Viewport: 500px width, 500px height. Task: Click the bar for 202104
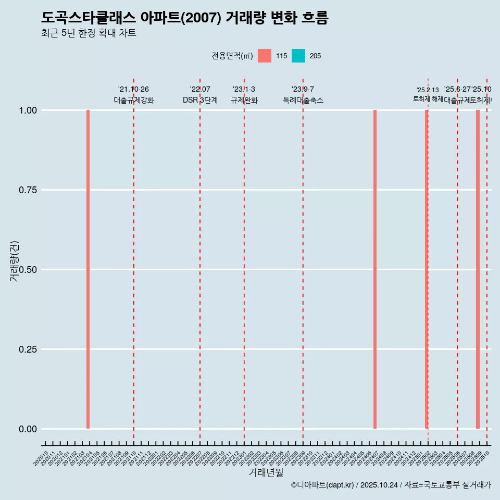click(x=88, y=269)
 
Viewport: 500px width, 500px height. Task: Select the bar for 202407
click(x=375, y=269)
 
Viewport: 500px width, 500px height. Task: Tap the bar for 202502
click(x=426, y=269)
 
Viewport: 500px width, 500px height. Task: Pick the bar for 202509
click(x=478, y=269)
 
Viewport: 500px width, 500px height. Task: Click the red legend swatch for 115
click(x=265, y=56)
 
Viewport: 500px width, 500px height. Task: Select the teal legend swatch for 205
click(x=298, y=56)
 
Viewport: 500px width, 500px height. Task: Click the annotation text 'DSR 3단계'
click(x=200, y=100)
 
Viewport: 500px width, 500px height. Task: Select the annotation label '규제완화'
click(x=244, y=100)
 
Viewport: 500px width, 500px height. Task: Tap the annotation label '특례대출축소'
click(x=303, y=100)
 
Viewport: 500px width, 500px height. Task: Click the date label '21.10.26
click(x=134, y=90)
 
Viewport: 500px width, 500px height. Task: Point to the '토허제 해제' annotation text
click(x=428, y=99)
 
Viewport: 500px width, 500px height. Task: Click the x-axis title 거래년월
click(x=266, y=473)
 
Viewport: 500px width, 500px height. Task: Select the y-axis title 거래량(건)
click(x=15, y=261)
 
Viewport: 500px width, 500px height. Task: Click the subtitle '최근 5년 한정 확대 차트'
click(x=89, y=33)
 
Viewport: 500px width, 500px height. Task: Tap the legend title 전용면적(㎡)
click(x=232, y=56)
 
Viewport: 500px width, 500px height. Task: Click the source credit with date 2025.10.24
click(x=391, y=485)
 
